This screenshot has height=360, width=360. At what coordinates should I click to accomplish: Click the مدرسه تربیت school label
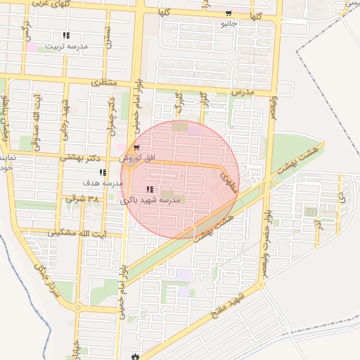click(67, 46)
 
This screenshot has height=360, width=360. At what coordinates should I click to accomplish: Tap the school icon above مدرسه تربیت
click(66, 35)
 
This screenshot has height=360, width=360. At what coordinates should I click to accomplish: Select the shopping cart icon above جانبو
click(228, 13)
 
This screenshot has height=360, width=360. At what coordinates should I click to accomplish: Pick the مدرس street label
click(241, 93)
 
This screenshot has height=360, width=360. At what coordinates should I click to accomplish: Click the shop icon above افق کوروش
click(136, 148)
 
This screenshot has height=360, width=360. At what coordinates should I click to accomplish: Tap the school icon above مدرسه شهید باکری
click(149, 189)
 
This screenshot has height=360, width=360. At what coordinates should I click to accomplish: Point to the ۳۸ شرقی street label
click(82, 199)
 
